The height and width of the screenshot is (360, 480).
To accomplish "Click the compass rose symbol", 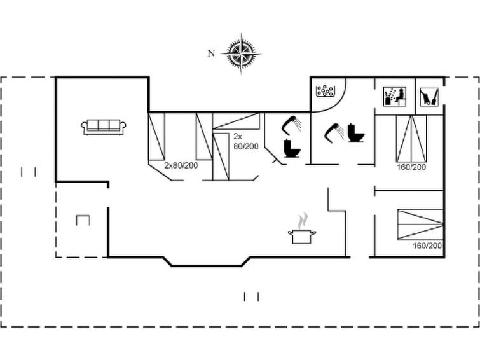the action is coord(241,54).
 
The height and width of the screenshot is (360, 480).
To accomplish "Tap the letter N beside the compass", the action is coord(211,53).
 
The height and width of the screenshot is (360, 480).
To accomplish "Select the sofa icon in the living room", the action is coord(104,127).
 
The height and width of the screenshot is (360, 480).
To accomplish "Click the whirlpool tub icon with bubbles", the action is coord(324,91).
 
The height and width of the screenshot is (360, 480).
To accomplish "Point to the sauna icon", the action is coord(395,96).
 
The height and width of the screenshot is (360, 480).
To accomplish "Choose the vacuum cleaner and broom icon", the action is coord(429,97).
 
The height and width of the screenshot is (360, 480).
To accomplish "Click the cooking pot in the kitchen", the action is coord(302,237).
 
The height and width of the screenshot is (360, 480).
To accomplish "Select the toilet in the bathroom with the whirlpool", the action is coord(356,133).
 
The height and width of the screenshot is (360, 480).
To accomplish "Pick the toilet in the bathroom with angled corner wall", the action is coord(292,149).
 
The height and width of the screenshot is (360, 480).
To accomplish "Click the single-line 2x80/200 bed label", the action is coord(181,165).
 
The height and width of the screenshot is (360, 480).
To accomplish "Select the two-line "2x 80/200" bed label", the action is coord(246,141).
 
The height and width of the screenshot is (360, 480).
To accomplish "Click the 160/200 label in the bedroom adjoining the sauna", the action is coord(411,167).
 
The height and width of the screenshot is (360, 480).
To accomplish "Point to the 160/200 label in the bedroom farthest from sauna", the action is coord(427,246).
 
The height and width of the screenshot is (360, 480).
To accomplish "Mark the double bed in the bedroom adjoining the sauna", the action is coord(411,139).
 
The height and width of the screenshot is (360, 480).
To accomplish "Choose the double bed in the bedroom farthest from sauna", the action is coord(420,225).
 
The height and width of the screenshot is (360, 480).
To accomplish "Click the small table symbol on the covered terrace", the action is coord(83,216).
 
